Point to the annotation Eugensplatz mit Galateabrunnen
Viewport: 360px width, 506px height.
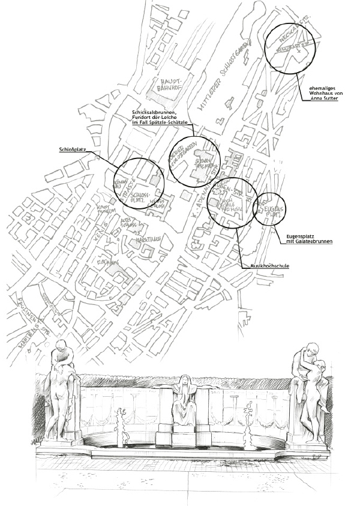(307, 238)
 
